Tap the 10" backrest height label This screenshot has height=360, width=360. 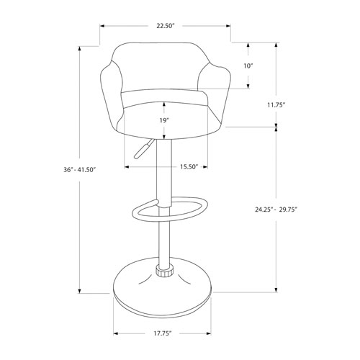coord(248,66)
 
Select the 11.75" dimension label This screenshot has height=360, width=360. coord(276,104)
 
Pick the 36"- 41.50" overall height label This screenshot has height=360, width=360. coord(79,170)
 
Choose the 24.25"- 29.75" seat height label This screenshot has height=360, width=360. coord(277,210)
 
